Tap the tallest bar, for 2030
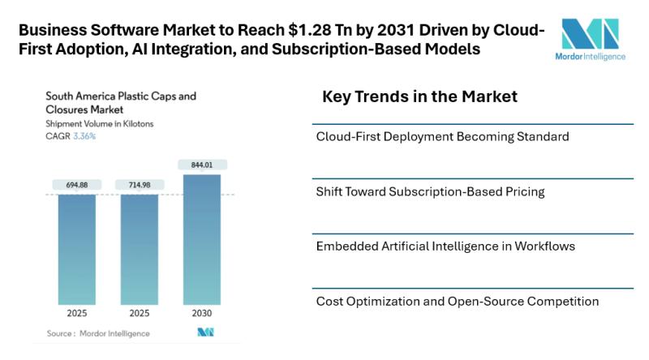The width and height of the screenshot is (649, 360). [201, 239]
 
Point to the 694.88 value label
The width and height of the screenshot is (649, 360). [76, 186]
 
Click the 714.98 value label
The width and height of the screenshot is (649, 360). [139, 186]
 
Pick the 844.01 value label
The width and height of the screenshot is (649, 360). [201, 165]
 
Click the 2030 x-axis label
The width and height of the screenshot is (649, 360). [201, 313]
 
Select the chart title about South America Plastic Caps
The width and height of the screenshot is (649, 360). [121, 102]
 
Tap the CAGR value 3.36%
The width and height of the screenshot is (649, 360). [84, 136]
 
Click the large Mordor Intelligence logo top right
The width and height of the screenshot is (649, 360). [590, 39]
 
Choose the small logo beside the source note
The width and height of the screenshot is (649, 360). [204, 332]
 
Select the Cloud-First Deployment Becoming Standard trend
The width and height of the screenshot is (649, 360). [442, 136]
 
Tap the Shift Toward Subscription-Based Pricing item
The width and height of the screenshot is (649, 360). [430, 192]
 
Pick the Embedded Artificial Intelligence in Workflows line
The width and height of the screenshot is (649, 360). [445, 246]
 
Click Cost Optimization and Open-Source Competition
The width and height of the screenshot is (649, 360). [458, 302]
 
